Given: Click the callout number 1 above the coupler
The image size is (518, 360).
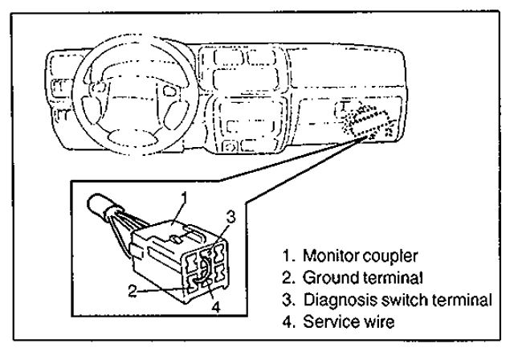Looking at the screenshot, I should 183,195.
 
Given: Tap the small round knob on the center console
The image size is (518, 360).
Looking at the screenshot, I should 230,147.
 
